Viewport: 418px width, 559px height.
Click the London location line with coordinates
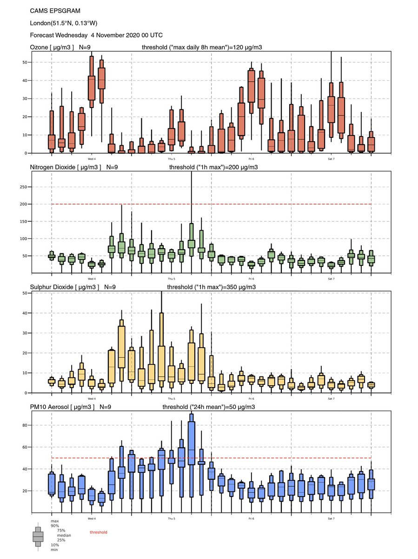coord(63,23)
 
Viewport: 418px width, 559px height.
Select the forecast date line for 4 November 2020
coord(96,35)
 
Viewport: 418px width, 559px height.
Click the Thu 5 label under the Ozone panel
coord(171,159)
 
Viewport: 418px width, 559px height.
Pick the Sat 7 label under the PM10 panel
coord(331,518)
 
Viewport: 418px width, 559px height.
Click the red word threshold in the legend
coord(98,532)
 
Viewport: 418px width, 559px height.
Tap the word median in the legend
coord(63,535)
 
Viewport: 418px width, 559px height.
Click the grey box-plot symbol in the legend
coord(38,537)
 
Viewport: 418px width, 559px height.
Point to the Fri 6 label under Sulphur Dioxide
coord(251,399)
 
